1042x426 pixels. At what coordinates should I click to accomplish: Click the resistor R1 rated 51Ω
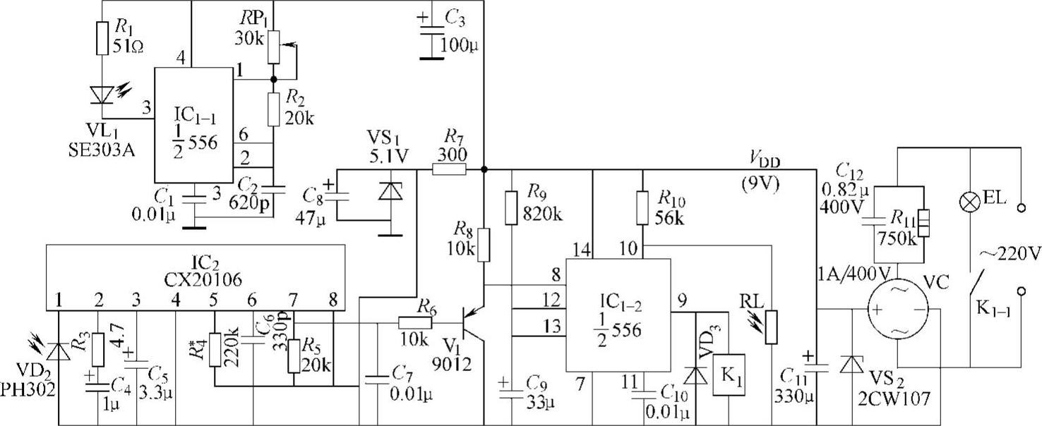tap(102, 39)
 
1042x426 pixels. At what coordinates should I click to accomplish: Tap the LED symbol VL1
tap(103, 92)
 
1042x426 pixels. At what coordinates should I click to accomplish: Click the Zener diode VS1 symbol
tap(386, 192)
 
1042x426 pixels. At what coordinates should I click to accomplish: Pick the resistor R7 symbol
tap(449, 169)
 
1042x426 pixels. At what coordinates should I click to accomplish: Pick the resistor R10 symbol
tap(642, 207)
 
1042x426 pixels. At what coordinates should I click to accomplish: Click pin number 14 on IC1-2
tap(582, 249)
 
